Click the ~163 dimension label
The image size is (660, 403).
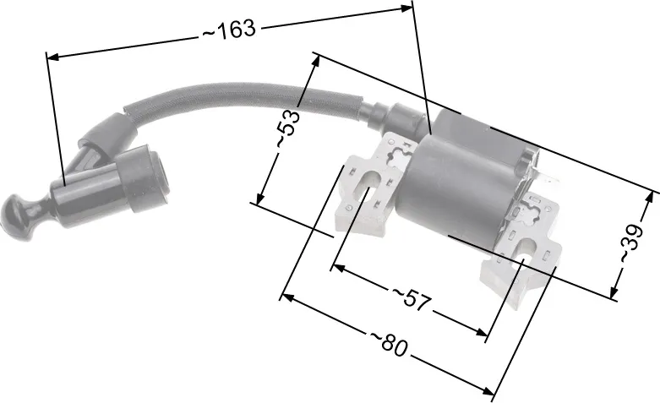click(229, 30)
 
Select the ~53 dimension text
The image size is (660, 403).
click(289, 128)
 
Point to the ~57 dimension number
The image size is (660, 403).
click(412, 300)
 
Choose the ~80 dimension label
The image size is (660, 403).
click(389, 343)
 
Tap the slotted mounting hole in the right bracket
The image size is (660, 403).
click(525, 252)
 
